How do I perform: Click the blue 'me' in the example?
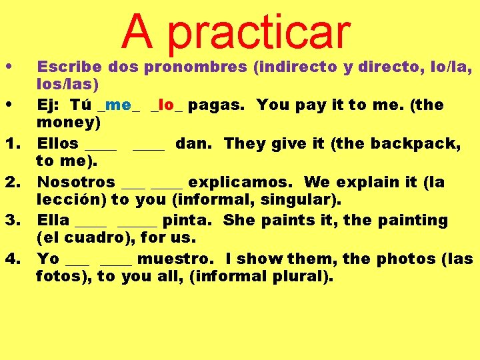[x=118, y=105]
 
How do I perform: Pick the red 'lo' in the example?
[x=167, y=105]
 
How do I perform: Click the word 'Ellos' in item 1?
[x=57, y=143]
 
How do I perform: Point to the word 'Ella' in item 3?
[x=53, y=220]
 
